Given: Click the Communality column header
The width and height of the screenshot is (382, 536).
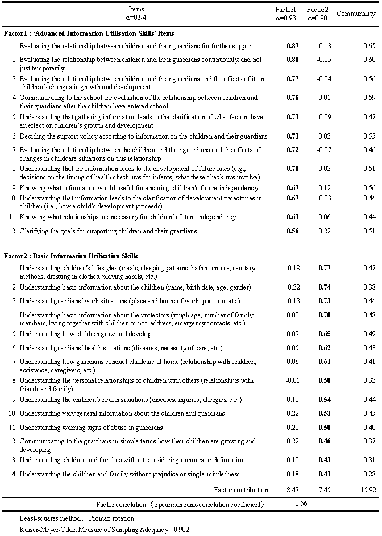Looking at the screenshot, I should [x=356, y=14].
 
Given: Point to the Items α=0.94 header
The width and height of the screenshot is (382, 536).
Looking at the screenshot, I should [x=136, y=13].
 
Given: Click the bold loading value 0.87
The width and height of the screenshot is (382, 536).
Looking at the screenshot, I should [x=292, y=46].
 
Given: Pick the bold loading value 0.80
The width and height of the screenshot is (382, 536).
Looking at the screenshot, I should [x=292, y=60].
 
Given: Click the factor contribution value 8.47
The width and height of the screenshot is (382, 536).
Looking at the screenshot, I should [x=293, y=489].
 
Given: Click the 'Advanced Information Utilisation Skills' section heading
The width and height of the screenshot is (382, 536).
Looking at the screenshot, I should [x=89, y=33].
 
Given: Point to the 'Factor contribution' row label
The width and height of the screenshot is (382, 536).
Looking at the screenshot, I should [x=240, y=489].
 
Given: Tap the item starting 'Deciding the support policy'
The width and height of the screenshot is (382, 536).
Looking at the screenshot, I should [x=143, y=136].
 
